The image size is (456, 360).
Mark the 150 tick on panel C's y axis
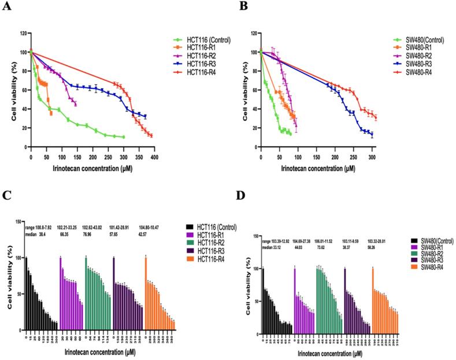coord(19,221)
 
